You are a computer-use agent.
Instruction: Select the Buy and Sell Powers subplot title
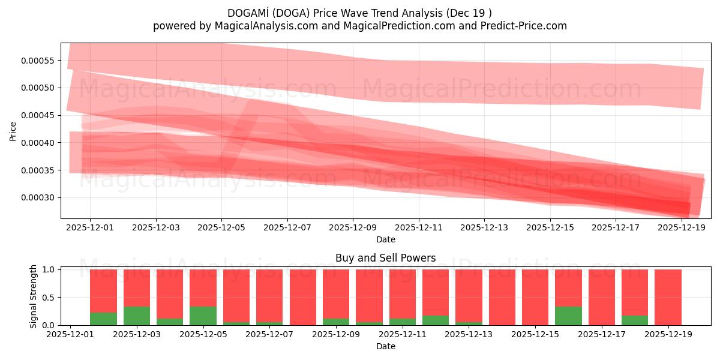click(385, 259)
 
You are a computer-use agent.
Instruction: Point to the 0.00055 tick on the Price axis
click(38, 61)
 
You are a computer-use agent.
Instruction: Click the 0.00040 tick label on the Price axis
click(38, 143)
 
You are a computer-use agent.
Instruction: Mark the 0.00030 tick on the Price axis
click(38, 198)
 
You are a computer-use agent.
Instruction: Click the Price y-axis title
click(13, 131)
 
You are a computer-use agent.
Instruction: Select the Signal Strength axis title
click(34, 296)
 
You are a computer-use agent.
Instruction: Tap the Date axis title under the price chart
click(385, 239)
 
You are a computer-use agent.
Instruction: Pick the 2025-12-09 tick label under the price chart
click(353, 227)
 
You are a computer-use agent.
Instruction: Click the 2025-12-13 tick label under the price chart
click(484, 227)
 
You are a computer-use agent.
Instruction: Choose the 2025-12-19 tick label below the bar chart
click(668, 334)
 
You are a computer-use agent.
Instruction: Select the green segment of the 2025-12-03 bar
click(137, 316)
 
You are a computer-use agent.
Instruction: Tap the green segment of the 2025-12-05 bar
click(203, 316)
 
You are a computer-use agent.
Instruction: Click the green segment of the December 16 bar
click(568, 316)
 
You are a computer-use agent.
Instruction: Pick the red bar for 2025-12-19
click(668, 297)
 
